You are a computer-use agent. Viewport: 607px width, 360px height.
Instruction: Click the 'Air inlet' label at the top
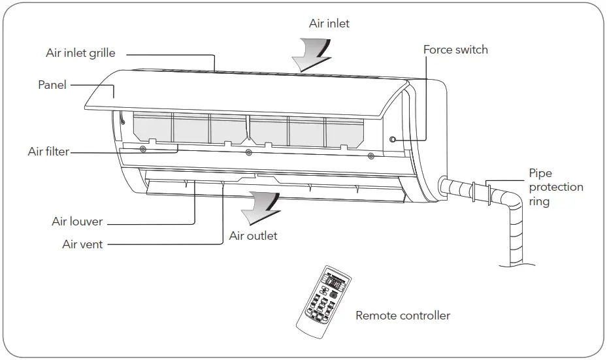tap(329, 24)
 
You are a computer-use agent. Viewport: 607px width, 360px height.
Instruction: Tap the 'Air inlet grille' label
tap(80, 53)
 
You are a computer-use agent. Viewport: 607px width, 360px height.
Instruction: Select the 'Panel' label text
tap(52, 85)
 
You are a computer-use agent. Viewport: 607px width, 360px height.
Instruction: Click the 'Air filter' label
tap(48, 152)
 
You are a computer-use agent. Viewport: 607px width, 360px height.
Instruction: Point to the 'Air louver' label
tap(77, 221)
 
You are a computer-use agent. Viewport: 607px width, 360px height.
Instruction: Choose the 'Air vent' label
tap(82, 244)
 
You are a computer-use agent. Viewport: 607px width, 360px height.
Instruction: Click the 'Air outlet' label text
tap(253, 236)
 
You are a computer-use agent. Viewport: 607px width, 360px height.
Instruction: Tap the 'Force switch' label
tap(455, 50)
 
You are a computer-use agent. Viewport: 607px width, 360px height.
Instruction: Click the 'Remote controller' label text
tap(402, 316)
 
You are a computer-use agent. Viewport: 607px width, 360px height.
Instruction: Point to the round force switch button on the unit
tap(393, 139)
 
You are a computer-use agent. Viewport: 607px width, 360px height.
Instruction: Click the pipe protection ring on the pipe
tap(489, 193)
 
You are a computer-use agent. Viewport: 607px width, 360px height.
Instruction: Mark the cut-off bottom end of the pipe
tap(519, 263)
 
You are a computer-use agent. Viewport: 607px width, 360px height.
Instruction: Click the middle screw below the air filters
tap(248, 153)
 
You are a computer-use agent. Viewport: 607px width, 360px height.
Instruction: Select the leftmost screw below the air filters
tap(143, 150)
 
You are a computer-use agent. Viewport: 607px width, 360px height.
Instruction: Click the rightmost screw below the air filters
tap(371, 155)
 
